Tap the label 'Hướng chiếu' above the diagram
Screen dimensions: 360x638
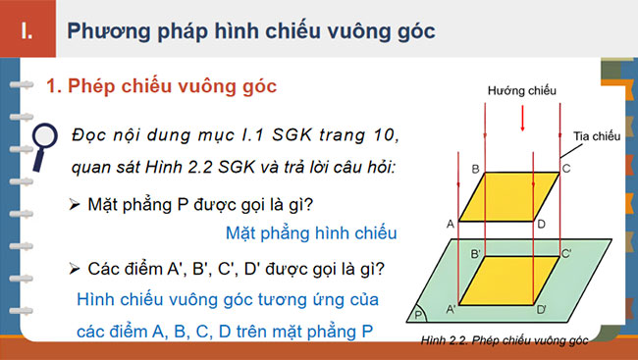tap(521, 90)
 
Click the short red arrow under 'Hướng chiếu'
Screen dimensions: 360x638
tap(522, 118)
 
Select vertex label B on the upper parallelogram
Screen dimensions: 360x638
tap(475, 170)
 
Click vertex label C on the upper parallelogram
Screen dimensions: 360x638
tap(567, 170)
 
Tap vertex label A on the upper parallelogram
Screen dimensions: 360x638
tap(450, 224)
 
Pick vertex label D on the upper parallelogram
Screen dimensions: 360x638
tap(541, 225)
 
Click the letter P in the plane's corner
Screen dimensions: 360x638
tap(419, 316)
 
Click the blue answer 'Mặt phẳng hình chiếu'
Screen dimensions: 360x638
tap(310, 233)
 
